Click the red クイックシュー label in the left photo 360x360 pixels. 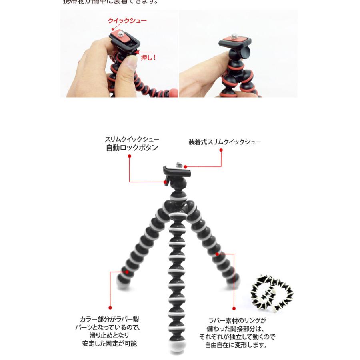click(127, 21)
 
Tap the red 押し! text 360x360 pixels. click(148, 58)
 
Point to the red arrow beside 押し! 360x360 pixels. click(137, 52)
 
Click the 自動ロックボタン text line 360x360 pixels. click(132, 148)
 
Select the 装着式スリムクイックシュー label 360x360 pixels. click(225, 142)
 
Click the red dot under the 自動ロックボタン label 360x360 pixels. click(130, 156)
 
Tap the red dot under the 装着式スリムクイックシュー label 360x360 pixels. click(221, 150)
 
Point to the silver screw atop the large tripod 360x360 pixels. click(178, 164)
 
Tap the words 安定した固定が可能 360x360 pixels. click(109, 344)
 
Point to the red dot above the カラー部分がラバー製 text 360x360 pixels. click(110, 308)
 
